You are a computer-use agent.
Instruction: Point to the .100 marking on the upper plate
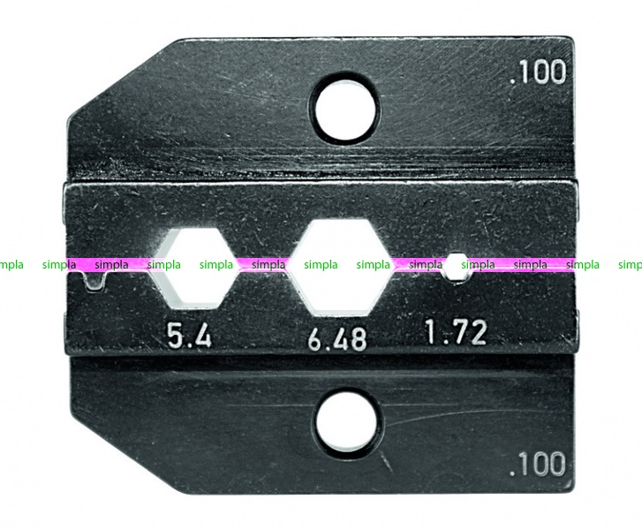tap(538, 72)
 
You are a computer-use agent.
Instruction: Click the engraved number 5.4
tap(190, 334)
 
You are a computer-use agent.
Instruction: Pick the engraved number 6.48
tap(337, 339)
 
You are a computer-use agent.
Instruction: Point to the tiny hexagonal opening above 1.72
tap(456, 268)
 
